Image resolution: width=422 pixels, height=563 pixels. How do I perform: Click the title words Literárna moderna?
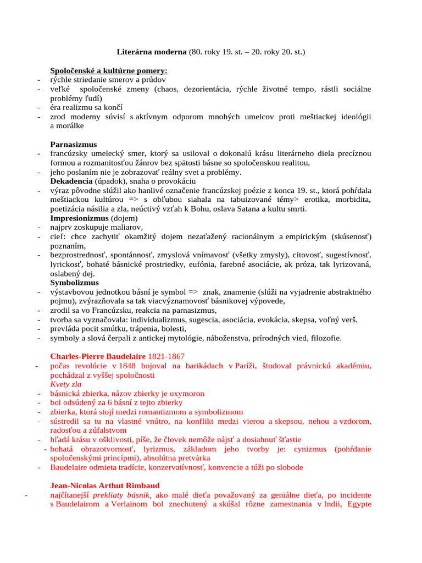(x=152, y=52)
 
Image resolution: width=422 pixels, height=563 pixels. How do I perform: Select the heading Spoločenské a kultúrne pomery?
(x=109, y=71)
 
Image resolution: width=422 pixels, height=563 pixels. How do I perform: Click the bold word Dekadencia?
(x=71, y=181)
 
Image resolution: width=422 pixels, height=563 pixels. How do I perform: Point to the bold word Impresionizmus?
(x=80, y=218)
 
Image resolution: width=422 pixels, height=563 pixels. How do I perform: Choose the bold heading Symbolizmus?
(x=74, y=283)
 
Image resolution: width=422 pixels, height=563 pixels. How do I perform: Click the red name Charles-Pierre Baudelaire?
(x=102, y=356)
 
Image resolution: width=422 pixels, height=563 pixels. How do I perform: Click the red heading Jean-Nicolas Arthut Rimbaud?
(x=105, y=485)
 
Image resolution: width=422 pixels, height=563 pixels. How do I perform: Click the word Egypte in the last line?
(x=359, y=504)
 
